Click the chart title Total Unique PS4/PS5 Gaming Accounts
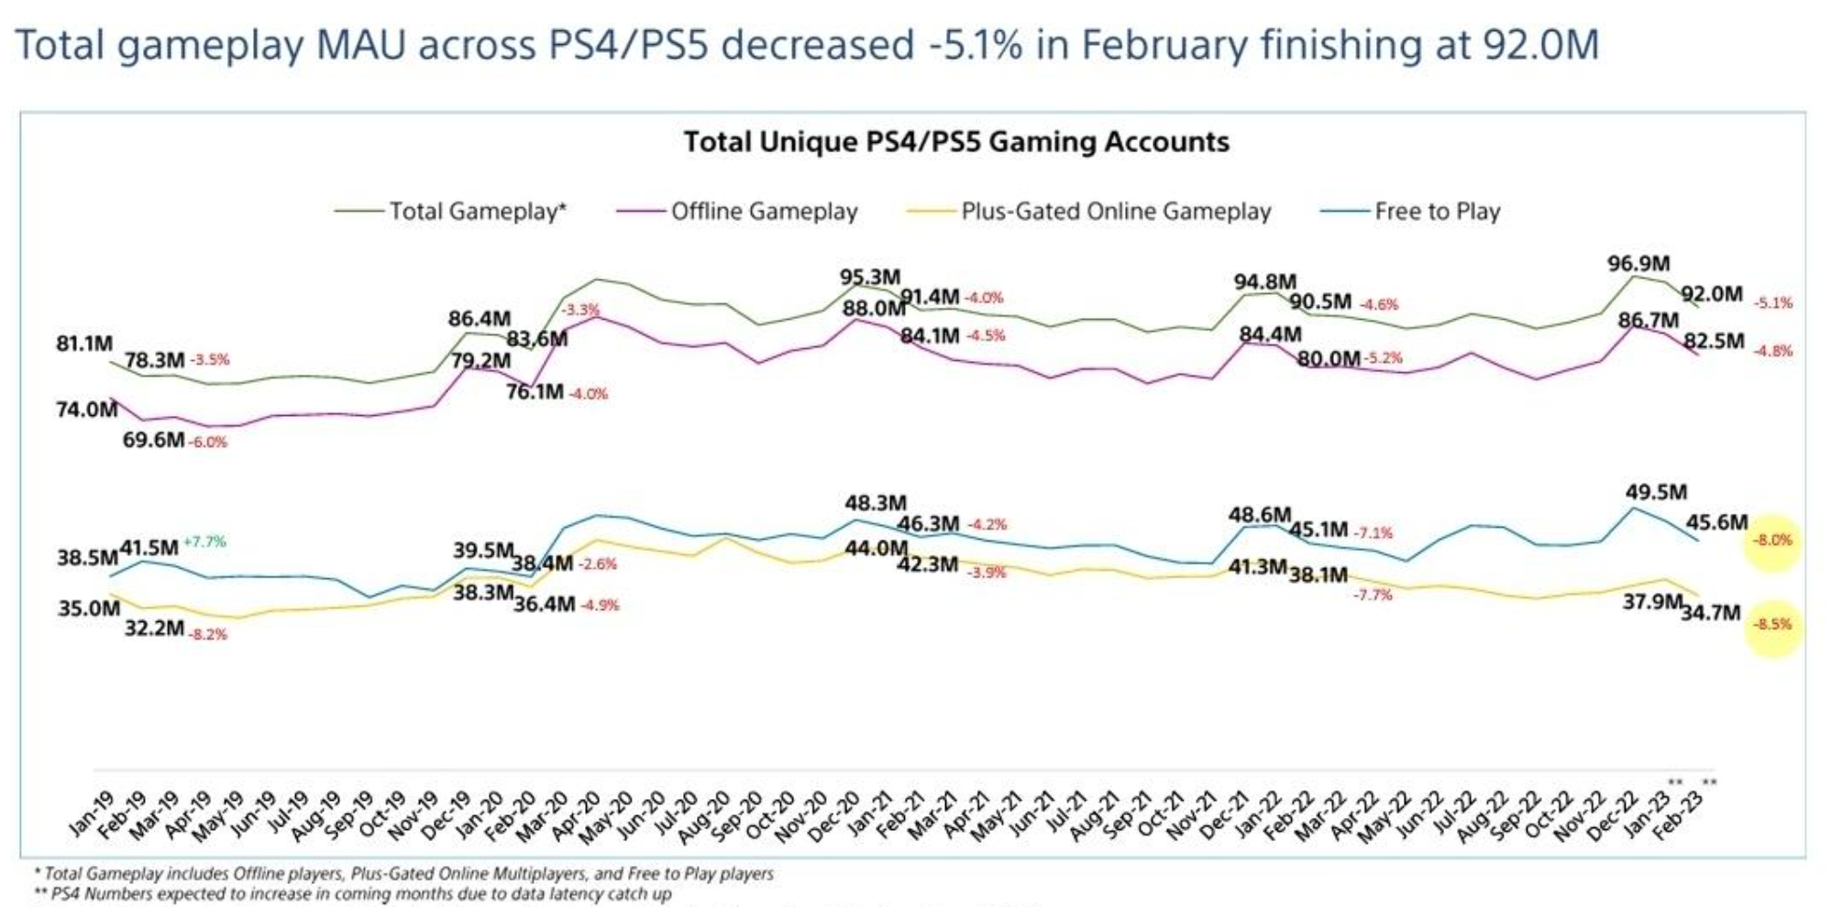point(956,142)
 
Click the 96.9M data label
point(1638,264)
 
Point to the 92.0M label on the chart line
point(1712,295)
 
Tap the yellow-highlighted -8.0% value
point(1772,541)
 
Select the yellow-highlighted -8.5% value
point(1772,625)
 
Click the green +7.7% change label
point(204,541)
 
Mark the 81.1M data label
point(84,344)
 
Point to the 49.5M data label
point(1656,493)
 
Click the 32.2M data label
point(154,628)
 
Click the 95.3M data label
point(870,277)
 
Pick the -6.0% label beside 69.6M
point(208,443)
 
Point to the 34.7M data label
point(1711,613)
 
